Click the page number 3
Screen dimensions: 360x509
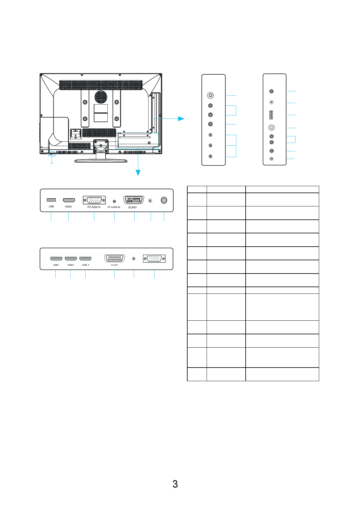[175, 484]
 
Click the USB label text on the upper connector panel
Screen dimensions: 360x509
[51, 207]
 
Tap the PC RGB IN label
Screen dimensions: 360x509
[94, 207]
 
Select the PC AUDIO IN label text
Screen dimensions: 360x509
[114, 207]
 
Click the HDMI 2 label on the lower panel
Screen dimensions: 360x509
[71, 265]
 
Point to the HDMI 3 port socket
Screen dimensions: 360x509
[85, 259]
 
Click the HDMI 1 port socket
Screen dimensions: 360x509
[56, 259]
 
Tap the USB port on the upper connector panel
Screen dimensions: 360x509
[51, 200]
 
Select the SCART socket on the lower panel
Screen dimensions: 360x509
[114, 258]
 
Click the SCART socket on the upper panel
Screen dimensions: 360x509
[133, 200]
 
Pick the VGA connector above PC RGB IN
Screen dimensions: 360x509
[94, 200]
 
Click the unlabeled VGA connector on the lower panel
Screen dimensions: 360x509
[154, 259]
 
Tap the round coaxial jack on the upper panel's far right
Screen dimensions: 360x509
[164, 200]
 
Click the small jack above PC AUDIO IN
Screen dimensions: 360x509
[114, 201]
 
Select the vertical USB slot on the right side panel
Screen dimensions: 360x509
[271, 115]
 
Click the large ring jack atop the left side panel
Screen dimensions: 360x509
[211, 96]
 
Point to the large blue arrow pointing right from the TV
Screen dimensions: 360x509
[181, 118]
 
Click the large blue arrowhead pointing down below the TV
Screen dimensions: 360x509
[138, 173]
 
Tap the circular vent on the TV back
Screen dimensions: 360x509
[101, 97]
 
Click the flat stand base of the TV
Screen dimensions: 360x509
[101, 161]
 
